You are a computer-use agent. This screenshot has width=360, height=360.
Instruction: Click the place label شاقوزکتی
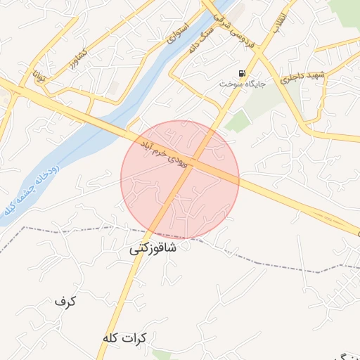pyautogui.click(x=153, y=249)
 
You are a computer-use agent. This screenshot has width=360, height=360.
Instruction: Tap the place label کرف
pyautogui.click(x=65, y=301)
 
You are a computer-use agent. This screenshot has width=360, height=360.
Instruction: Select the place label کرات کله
pyautogui.click(x=124, y=338)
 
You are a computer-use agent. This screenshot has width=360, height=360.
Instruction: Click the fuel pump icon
pyautogui.click(x=242, y=73)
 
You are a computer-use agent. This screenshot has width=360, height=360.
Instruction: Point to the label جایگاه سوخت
pyautogui.click(x=242, y=84)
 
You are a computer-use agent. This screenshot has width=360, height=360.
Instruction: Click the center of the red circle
pyautogui.click(x=180, y=180)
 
